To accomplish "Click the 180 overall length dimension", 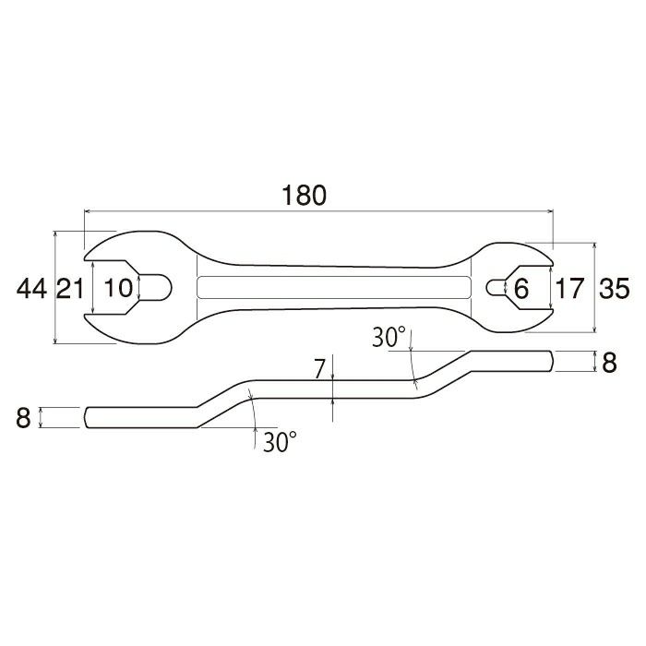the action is click(x=304, y=196).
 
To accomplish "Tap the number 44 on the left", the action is click(x=31, y=288).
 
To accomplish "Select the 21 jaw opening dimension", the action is click(x=70, y=288).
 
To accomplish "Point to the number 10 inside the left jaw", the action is click(x=118, y=288).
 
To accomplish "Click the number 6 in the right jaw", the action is click(x=521, y=289).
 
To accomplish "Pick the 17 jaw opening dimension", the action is click(x=569, y=288).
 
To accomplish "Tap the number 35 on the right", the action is click(x=615, y=288).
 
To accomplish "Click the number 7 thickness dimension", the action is click(x=319, y=369).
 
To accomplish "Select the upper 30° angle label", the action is click(x=389, y=337).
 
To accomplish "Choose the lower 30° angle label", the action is click(x=280, y=442).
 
